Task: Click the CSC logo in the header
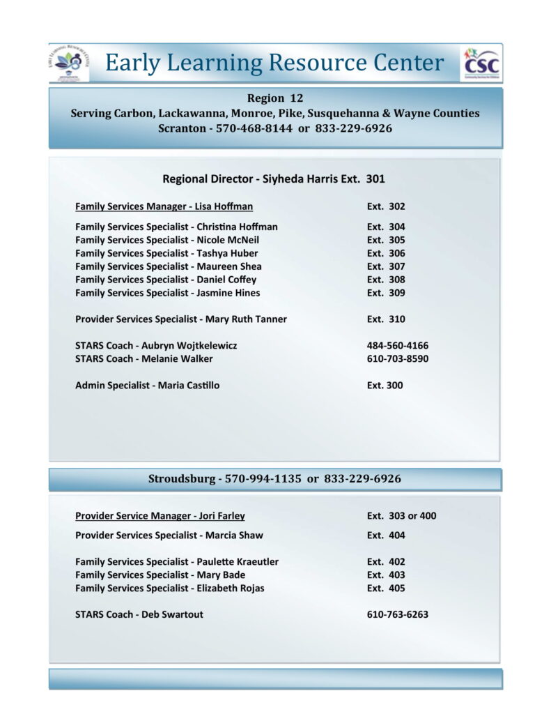click(481, 64)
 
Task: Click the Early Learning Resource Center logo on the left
click(69, 63)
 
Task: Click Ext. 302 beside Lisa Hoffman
click(386, 206)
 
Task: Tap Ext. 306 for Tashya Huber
click(386, 253)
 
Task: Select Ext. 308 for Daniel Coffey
click(386, 280)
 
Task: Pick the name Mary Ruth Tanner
click(246, 319)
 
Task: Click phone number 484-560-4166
click(398, 346)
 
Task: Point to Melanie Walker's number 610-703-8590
click(398, 359)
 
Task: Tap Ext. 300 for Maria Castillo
click(385, 386)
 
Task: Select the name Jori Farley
click(221, 516)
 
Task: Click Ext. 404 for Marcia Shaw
click(386, 535)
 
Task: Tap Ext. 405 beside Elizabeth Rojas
click(386, 588)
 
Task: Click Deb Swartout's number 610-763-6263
click(398, 615)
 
